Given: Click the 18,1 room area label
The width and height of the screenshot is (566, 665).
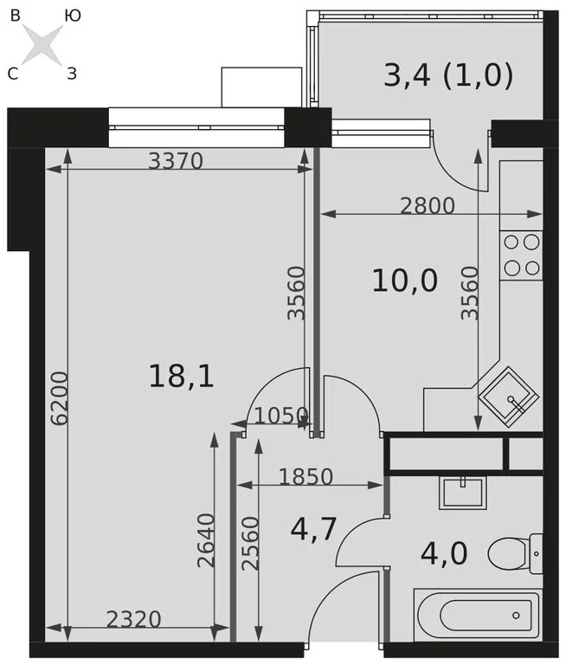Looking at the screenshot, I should click(x=181, y=376).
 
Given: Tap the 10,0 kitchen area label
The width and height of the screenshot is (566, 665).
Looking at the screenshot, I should click(x=404, y=281).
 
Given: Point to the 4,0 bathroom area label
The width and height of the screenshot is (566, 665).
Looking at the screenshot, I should click(x=443, y=552).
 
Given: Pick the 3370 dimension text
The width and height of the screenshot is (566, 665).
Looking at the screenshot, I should click(x=176, y=160).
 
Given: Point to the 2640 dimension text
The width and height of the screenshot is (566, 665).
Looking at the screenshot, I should click(x=206, y=540).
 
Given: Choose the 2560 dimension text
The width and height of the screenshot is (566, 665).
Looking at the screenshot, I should click(x=249, y=542).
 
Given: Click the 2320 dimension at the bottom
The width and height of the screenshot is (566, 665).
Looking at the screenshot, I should click(x=133, y=619).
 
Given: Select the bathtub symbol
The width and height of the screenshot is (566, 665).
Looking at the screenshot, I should click(x=478, y=616).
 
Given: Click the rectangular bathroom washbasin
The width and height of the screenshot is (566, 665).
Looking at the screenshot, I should click(x=465, y=492).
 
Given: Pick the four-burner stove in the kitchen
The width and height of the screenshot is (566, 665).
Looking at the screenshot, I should click(x=522, y=255).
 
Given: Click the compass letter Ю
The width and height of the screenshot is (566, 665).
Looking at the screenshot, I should click(x=74, y=15).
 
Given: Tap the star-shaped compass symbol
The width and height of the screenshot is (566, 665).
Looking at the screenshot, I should click(x=41, y=44).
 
